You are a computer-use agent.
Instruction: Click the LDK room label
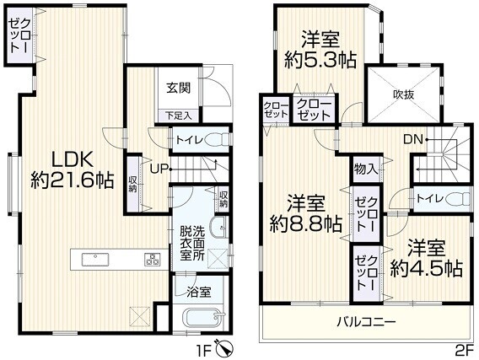pyautogui.click(x=73, y=160)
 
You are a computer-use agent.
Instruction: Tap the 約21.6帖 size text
pyautogui.click(x=73, y=180)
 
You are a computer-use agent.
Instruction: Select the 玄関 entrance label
pyautogui.click(x=179, y=88)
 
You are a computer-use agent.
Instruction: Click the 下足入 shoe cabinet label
pyautogui.click(x=179, y=116)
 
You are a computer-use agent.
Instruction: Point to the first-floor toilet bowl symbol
pyautogui.click(x=217, y=140)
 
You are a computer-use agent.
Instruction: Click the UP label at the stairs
pyautogui.click(x=159, y=169)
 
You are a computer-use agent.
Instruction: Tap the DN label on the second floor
pyautogui.click(x=413, y=140)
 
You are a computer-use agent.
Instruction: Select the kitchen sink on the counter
pyautogui.click(x=95, y=259)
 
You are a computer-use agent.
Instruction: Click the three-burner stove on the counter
pyautogui.click(x=153, y=259)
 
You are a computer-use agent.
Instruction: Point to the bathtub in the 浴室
pyautogui.click(x=203, y=319)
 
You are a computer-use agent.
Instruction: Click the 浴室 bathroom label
pyautogui.click(x=199, y=293)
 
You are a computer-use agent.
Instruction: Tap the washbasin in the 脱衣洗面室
pyautogui.click(x=218, y=228)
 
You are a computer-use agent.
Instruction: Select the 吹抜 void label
pyautogui.click(x=403, y=94)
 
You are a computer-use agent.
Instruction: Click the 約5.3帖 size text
pyautogui.click(x=320, y=61)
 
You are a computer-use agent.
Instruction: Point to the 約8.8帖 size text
pyautogui.click(x=305, y=224)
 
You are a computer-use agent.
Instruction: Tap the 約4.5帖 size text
pyautogui.click(x=427, y=268)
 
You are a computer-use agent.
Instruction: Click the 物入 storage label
pyautogui.click(x=366, y=169)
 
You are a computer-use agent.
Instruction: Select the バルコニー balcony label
pyautogui.click(x=366, y=321)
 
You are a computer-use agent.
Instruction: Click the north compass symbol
pyautogui.click(x=224, y=348)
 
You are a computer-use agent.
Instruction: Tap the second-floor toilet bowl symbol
pyautogui.click(x=458, y=198)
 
